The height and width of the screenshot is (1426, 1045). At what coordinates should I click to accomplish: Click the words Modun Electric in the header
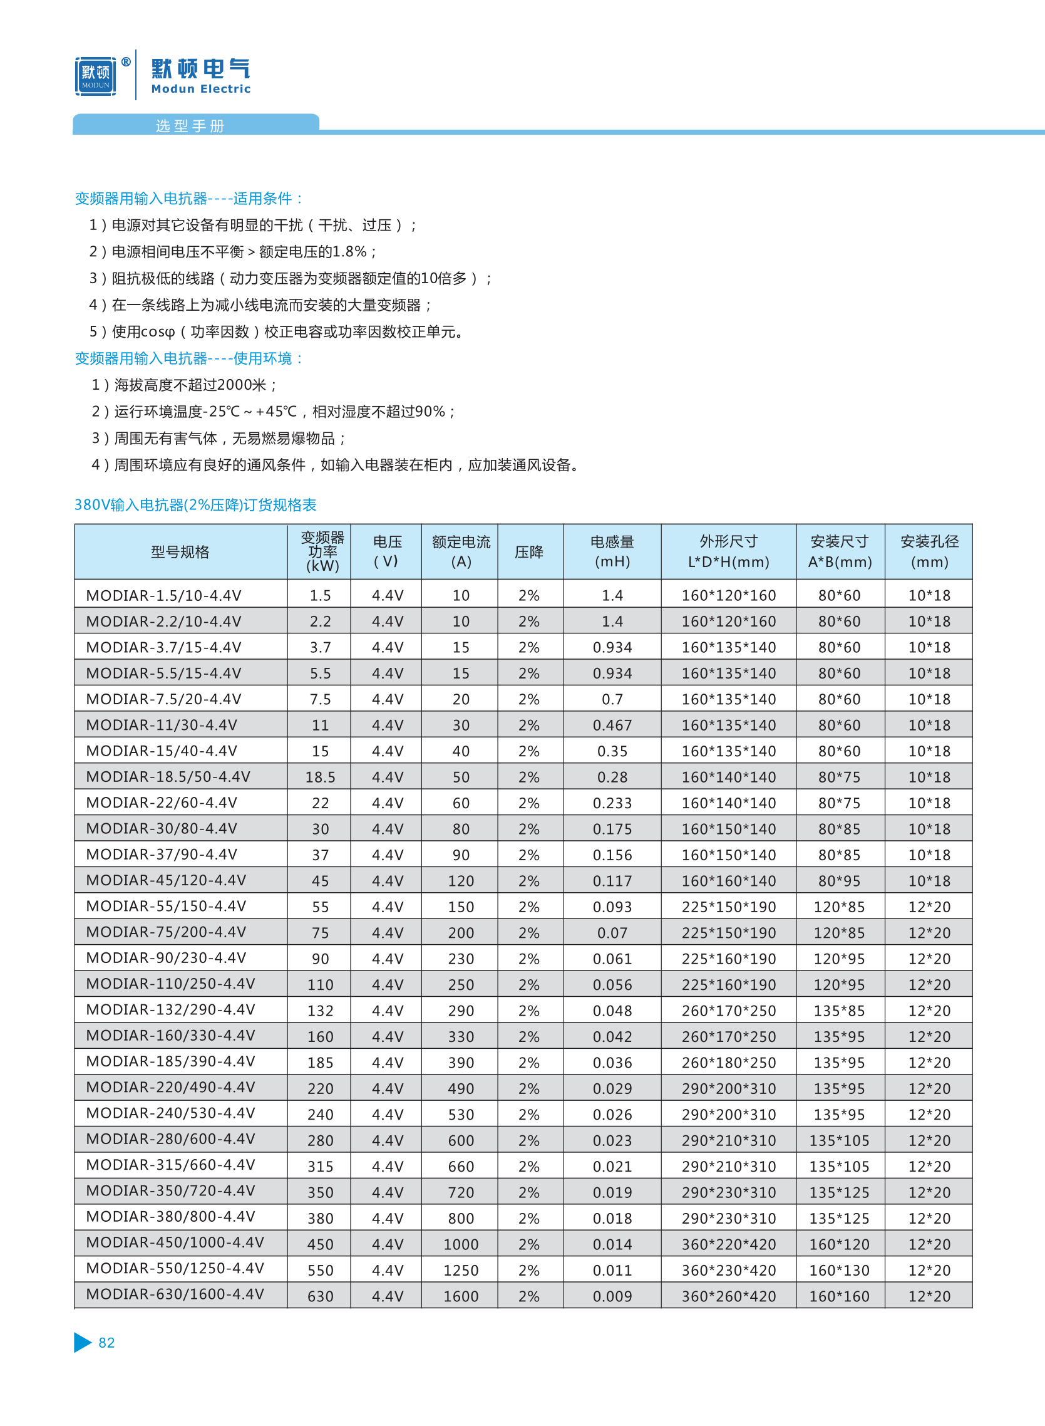tap(200, 89)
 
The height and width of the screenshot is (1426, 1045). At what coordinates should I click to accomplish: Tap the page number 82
tap(106, 1343)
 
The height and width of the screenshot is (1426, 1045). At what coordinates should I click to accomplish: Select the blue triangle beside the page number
tap(82, 1342)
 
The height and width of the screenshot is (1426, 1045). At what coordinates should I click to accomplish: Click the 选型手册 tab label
tap(190, 126)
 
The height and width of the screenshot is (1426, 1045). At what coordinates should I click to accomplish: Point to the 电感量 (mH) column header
tap(612, 551)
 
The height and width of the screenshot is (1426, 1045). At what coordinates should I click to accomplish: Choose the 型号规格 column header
tap(180, 552)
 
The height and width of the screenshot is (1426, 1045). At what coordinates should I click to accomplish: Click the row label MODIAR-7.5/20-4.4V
tap(163, 699)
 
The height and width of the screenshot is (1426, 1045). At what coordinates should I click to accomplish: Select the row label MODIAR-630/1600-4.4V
tap(175, 1294)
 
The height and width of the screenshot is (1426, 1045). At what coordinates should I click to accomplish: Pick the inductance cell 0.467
tap(612, 726)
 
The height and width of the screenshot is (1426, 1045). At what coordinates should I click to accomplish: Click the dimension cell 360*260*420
tap(728, 1296)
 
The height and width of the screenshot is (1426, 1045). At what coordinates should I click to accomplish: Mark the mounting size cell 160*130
tap(839, 1270)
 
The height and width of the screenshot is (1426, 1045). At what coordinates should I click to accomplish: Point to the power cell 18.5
tap(320, 778)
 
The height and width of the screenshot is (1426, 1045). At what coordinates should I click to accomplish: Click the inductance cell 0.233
tap(612, 803)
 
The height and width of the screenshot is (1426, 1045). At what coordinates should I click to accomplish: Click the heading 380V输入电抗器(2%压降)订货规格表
tap(195, 504)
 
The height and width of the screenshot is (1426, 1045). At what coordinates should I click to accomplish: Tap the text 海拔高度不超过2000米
tap(190, 385)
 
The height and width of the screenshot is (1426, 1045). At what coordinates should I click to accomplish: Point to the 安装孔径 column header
tap(929, 551)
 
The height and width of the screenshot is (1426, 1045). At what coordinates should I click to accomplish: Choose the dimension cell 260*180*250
tap(728, 1063)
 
